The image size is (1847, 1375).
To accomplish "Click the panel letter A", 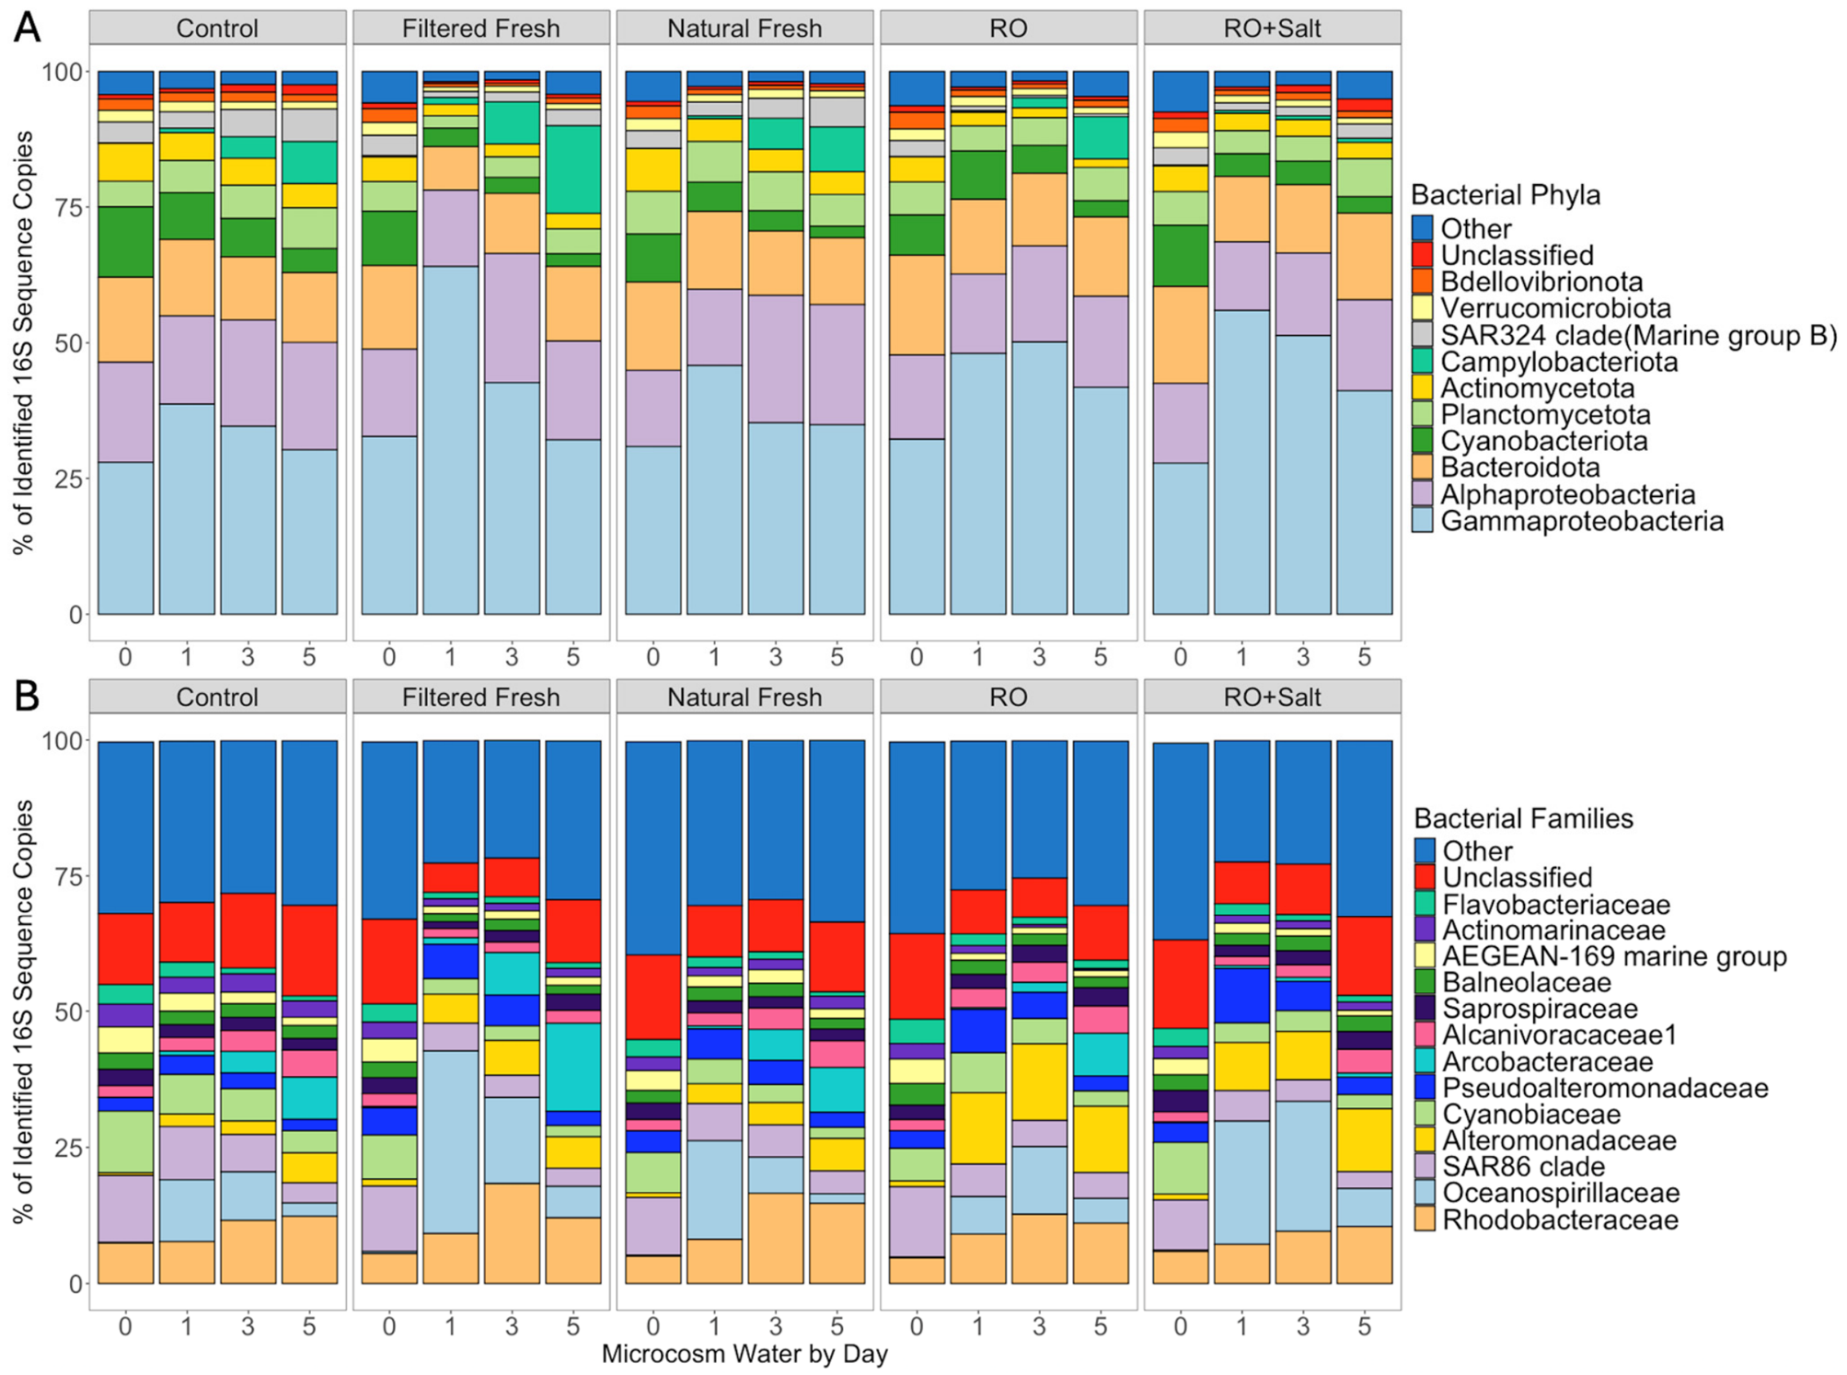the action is point(27,28).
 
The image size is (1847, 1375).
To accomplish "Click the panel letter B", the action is point(27,697).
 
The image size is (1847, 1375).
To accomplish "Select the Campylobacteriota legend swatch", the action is point(1422,362).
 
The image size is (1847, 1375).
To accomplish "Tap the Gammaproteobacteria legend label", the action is point(1582,521).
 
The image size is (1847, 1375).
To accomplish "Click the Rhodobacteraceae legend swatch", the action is point(1425,1219).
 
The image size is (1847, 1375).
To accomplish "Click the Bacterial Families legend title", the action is point(1523,818).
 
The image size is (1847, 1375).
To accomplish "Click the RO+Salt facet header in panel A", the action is point(1272,28).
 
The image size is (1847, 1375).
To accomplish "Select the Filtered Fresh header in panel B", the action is point(480,697).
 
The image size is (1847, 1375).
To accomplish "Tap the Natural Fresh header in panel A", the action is point(745,28).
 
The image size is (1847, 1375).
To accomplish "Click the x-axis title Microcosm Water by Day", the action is point(745,1354).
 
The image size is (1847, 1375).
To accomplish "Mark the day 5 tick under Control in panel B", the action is point(309,1326).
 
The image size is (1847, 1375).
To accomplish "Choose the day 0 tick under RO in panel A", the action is point(917,656).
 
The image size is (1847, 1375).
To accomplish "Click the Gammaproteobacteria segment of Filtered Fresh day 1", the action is point(451,440).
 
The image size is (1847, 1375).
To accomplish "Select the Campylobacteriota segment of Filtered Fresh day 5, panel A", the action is point(573,169).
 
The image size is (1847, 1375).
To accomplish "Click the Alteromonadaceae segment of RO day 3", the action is point(1039,1081).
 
